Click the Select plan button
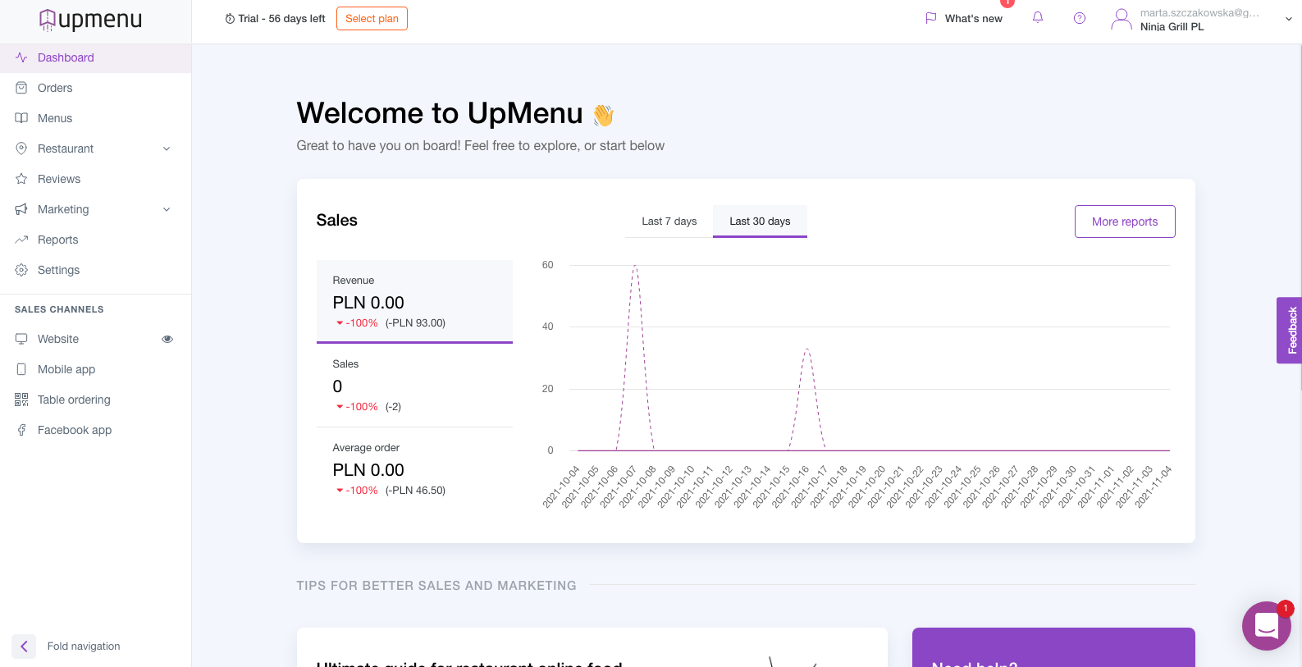(372, 18)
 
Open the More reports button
(1124, 222)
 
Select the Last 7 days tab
(669, 222)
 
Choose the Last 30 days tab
(760, 222)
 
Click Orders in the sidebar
(55, 88)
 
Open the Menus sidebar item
(55, 118)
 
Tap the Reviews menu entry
(59, 179)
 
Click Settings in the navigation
(58, 270)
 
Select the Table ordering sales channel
(74, 400)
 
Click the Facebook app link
(75, 430)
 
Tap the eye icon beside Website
(167, 339)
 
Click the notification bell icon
(1038, 17)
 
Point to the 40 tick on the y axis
(548, 327)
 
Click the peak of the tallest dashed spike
(635, 266)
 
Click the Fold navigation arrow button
(24, 646)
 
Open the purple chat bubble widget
(1266, 626)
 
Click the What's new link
(973, 18)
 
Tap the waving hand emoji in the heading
(603, 115)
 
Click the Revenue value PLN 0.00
(368, 303)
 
